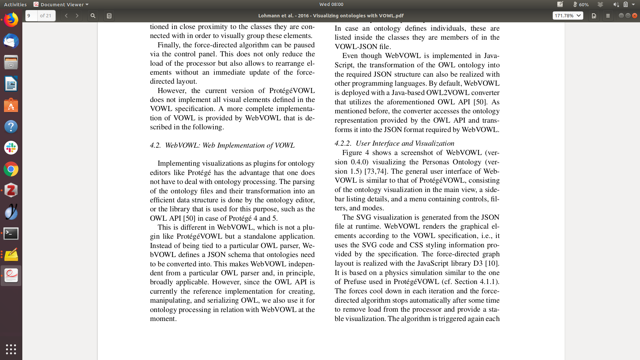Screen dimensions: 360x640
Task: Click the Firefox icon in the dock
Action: click(x=11, y=20)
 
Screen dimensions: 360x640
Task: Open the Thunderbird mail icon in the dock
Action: click(x=11, y=41)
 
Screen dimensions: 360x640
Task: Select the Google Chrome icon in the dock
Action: click(x=11, y=169)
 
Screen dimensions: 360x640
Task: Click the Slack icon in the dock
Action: click(x=11, y=148)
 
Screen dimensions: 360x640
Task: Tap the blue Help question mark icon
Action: click(x=11, y=127)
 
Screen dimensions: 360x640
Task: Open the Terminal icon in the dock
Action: click(x=11, y=233)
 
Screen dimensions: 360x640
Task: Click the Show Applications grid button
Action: click(x=11, y=349)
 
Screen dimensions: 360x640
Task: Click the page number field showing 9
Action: click(x=31, y=16)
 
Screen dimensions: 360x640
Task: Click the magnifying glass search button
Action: click(x=93, y=16)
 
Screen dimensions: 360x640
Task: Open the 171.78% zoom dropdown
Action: click(x=568, y=16)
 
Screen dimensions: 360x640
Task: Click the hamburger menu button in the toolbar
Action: click(x=608, y=16)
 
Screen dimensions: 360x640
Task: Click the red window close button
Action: click(x=635, y=16)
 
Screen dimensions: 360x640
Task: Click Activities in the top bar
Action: click(x=15, y=4)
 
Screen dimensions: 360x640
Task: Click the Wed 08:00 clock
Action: click(x=331, y=4)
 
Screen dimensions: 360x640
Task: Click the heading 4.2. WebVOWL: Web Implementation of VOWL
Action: click(x=222, y=145)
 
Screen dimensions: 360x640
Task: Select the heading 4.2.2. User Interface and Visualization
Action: click(x=394, y=143)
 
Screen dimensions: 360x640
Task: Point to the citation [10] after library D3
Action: click(x=492, y=263)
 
